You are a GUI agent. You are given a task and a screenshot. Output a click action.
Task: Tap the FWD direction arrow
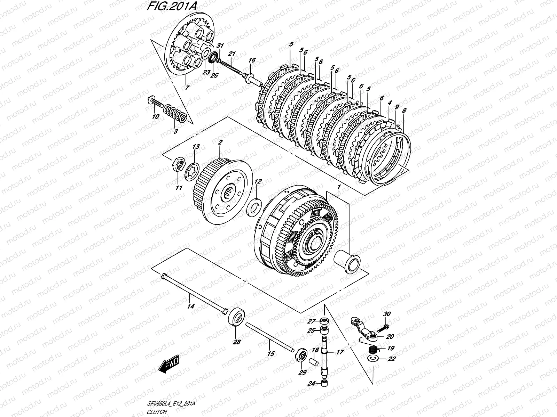click(x=168, y=365)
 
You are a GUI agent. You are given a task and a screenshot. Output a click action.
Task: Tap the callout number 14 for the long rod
click(x=190, y=306)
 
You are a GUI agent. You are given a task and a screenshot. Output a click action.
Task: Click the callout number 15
click(x=271, y=353)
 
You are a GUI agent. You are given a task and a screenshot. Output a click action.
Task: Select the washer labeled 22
click(x=374, y=358)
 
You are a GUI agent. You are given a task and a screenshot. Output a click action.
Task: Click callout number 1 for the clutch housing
click(x=338, y=187)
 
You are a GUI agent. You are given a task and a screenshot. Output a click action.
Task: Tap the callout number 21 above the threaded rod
click(x=232, y=54)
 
